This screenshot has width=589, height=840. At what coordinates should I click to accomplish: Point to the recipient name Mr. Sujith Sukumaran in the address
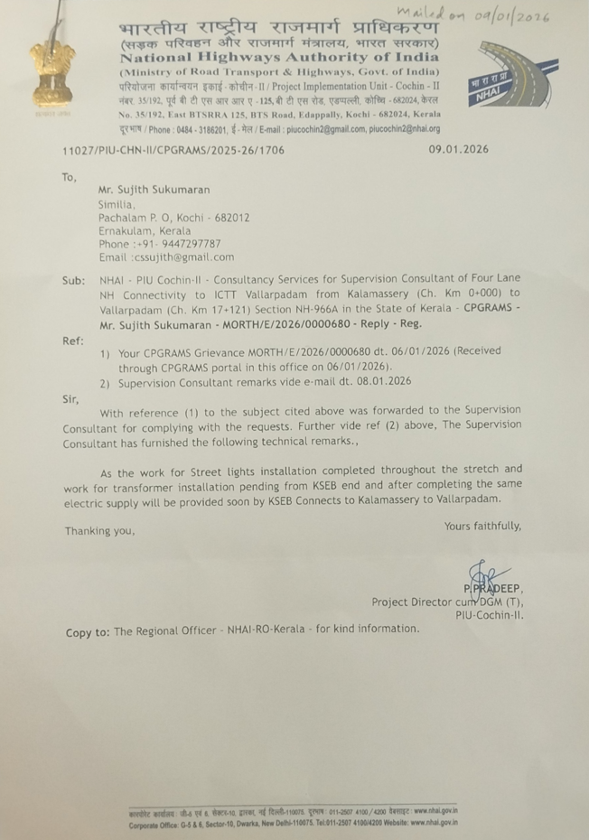pos(154,191)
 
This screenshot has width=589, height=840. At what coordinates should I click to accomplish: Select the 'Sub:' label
pos(73,281)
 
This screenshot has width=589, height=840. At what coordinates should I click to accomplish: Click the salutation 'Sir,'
pos(70,397)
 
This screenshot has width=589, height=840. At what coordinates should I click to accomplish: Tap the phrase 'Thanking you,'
pos(99,530)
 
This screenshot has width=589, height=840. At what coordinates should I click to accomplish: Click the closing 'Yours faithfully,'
pos(482,526)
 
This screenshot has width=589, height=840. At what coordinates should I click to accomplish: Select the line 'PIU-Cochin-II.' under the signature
pos(489,615)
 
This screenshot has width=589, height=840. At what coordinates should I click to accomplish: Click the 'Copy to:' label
pos(87,632)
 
